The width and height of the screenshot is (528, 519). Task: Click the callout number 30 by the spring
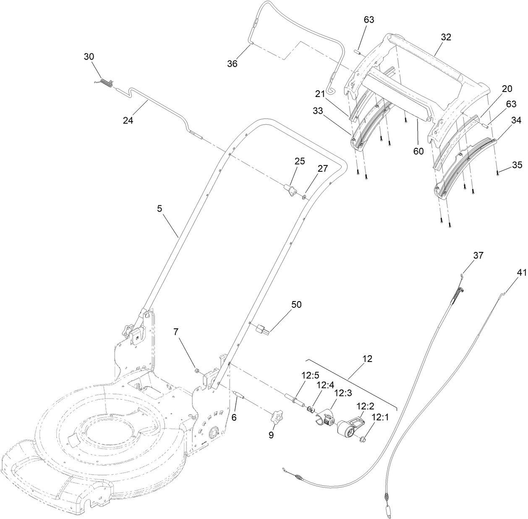(89, 56)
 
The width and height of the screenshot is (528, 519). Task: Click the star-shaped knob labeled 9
(277, 418)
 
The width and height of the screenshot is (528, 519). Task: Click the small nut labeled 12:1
(362, 440)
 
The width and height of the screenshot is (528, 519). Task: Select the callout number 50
(296, 304)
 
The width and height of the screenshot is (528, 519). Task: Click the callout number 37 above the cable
(478, 255)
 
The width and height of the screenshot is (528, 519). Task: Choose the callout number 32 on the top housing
(446, 37)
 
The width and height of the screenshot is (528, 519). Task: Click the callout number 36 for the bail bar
(232, 63)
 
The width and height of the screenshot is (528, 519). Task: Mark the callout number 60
(418, 151)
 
